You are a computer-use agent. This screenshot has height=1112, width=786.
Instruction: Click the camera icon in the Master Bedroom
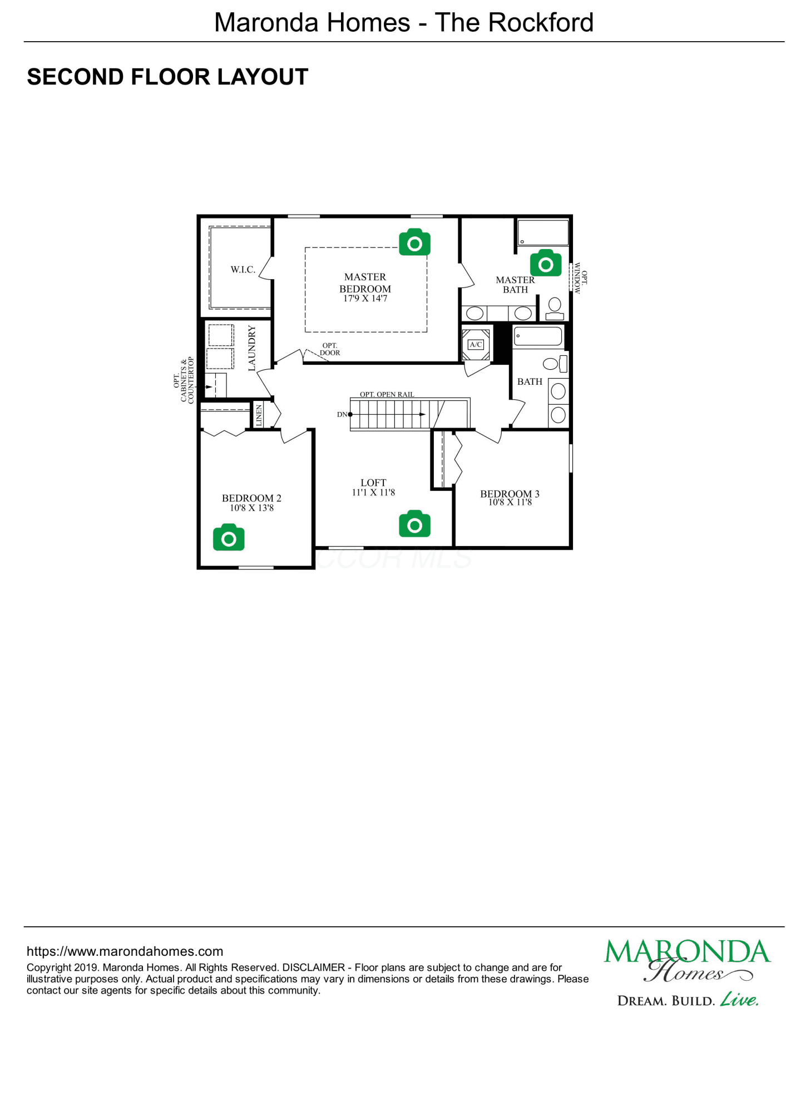tap(414, 242)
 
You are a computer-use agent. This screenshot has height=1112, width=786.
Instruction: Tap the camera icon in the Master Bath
tap(546, 263)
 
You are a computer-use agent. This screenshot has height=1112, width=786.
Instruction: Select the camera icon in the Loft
tap(414, 524)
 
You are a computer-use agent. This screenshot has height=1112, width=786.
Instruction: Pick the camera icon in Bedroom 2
tap(229, 537)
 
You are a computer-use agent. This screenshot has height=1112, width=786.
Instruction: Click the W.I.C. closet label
tap(243, 270)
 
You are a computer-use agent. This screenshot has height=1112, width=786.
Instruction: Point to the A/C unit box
tap(476, 345)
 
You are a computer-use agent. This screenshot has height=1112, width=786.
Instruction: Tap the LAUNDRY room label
tap(252, 348)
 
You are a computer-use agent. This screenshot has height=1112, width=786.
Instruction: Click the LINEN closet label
tap(259, 415)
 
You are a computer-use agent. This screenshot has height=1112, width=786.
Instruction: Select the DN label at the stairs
tap(342, 414)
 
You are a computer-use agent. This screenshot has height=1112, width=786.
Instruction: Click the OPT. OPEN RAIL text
tap(387, 394)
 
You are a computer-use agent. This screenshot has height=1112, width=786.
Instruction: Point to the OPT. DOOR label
tap(330, 349)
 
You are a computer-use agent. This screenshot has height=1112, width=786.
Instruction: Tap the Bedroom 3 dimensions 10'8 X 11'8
tap(510, 503)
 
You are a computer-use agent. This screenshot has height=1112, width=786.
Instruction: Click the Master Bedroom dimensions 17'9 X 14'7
tap(365, 299)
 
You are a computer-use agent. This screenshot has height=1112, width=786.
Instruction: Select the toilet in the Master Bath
tap(555, 309)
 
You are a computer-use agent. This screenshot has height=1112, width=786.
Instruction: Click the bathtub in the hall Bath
tap(538, 336)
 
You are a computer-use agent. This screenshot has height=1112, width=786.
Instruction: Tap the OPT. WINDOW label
tap(581, 278)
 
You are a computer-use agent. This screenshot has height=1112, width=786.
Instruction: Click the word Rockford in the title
tap(541, 23)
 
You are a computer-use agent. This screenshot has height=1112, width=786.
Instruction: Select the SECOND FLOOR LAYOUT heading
tap(167, 77)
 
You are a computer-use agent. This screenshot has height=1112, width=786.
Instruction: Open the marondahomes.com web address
tap(125, 951)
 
